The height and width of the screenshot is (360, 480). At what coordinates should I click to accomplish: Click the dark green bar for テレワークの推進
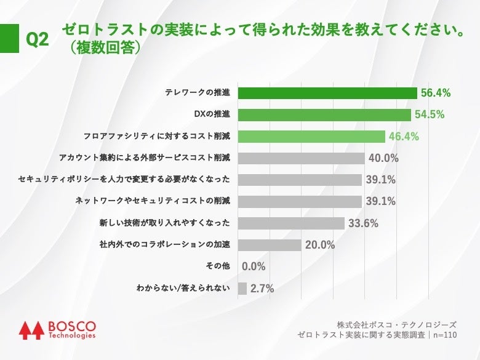(x=327, y=93)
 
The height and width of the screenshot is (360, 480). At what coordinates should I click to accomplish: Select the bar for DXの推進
(x=324, y=114)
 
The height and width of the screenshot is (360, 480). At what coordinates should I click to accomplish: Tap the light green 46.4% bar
(x=311, y=137)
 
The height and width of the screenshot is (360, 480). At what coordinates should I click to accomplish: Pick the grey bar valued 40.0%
(x=301, y=158)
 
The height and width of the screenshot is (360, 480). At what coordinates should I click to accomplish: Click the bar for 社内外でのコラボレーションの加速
(x=270, y=245)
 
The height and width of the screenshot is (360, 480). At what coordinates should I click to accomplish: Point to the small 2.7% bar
(x=242, y=288)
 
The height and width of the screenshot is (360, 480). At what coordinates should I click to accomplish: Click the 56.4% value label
(x=436, y=93)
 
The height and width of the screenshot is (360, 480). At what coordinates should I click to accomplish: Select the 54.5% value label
(x=430, y=114)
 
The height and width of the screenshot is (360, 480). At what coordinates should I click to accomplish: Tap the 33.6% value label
(x=363, y=223)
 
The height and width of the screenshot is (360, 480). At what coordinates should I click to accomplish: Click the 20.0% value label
(x=320, y=245)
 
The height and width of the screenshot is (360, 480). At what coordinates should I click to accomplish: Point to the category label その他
(x=218, y=266)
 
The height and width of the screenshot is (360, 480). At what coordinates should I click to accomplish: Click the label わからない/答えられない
(x=183, y=288)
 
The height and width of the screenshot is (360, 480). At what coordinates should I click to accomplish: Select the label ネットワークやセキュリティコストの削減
(x=153, y=201)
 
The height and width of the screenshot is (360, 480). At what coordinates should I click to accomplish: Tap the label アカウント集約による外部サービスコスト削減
(x=145, y=158)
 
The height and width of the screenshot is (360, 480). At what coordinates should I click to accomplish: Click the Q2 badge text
(x=37, y=40)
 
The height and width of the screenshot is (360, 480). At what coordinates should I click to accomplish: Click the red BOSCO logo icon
(x=30, y=330)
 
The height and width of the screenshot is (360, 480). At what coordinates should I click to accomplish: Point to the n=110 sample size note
(x=444, y=335)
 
